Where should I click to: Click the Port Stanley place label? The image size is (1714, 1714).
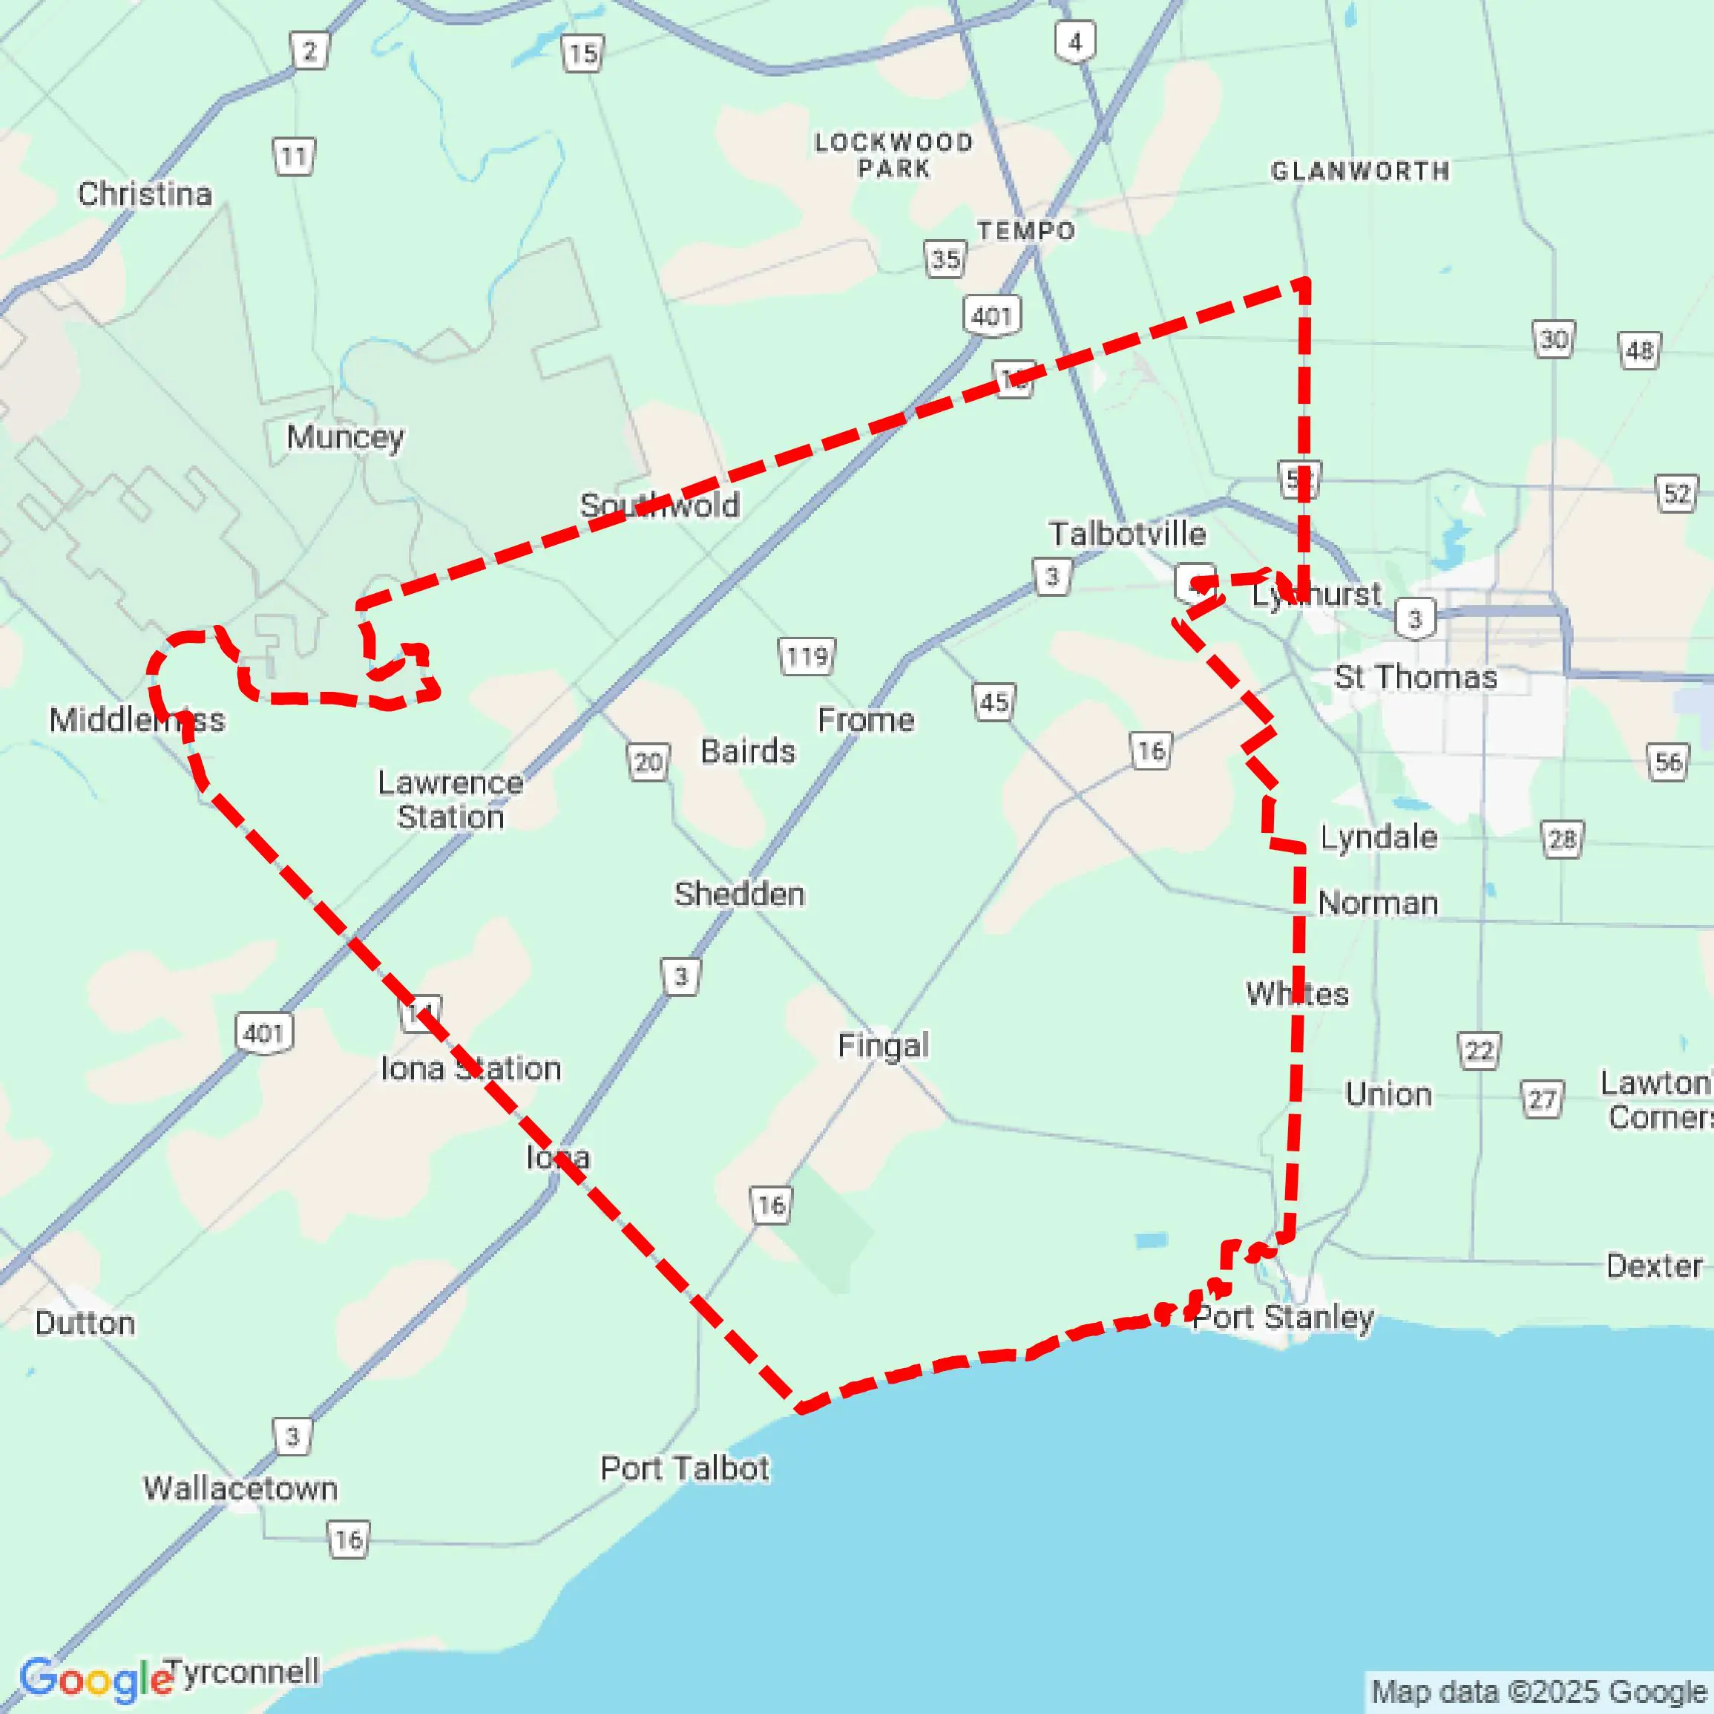(x=1283, y=1316)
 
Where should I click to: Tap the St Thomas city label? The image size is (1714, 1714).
(x=1416, y=677)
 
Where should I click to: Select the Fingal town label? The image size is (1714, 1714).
(x=884, y=1046)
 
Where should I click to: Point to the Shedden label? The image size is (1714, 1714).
(x=740, y=894)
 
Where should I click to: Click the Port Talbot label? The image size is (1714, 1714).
(x=685, y=1468)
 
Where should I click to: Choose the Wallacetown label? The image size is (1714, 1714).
(x=240, y=1488)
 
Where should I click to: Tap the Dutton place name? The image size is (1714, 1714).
(x=85, y=1324)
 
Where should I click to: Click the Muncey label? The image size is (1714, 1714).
(x=345, y=436)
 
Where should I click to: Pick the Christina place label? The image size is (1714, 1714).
(x=145, y=194)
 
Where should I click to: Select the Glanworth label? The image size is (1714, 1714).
(x=1360, y=171)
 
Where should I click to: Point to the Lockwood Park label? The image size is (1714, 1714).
(x=894, y=154)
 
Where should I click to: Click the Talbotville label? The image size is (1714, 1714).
(x=1128, y=534)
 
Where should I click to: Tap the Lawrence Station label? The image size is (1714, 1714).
(x=450, y=799)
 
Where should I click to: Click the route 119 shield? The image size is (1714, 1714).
(x=807, y=657)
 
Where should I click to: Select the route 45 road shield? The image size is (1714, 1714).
(x=994, y=702)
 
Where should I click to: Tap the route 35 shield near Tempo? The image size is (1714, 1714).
(x=945, y=259)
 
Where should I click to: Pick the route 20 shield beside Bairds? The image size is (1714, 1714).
(x=649, y=762)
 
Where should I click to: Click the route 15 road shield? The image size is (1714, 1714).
(x=583, y=54)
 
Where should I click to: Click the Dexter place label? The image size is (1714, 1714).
(x=1654, y=1265)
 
